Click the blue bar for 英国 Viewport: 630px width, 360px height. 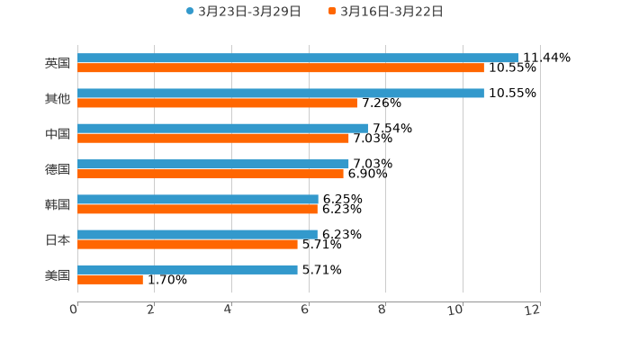297,58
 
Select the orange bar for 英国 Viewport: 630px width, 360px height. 280,67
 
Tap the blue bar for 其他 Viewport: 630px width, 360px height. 280,93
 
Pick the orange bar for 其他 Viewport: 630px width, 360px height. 217,103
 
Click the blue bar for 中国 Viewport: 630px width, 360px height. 222,128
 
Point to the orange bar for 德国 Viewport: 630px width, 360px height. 210,174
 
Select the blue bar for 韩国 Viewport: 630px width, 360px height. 197,199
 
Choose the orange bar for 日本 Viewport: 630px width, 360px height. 187,244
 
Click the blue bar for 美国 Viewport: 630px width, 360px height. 187,269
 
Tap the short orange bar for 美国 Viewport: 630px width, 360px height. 110,279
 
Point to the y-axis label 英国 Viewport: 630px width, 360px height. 58,63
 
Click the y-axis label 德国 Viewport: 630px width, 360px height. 58,169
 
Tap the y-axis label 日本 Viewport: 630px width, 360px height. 58,239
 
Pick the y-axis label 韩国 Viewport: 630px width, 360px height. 58,204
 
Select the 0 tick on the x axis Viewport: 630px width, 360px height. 74,310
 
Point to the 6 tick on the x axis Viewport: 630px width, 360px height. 305,310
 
